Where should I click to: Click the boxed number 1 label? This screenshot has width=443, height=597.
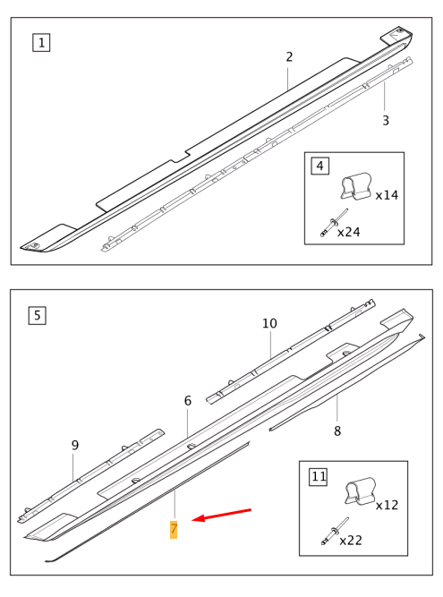pyautogui.click(x=40, y=41)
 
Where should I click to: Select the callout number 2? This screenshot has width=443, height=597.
pyautogui.click(x=289, y=56)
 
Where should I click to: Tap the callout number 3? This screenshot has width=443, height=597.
pyautogui.click(x=386, y=120)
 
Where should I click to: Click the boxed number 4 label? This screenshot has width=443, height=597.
pyautogui.click(x=319, y=166)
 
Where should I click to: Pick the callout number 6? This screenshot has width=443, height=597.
pyautogui.click(x=188, y=401)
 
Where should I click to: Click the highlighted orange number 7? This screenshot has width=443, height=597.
pyautogui.click(x=174, y=529)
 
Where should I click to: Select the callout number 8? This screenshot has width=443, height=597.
pyautogui.click(x=337, y=431)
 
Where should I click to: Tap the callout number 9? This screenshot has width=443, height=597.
pyautogui.click(x=75, y=445)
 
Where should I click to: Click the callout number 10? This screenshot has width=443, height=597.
pyautogui.click(x=270, y=323)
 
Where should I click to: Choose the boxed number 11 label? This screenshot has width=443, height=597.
pyautogui.click(x=318, y=476)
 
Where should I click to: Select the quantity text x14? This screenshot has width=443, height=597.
pyautogui.click(x=387, y=194)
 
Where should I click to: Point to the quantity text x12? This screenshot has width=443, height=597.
pyautogui.click(x=387, y=505)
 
